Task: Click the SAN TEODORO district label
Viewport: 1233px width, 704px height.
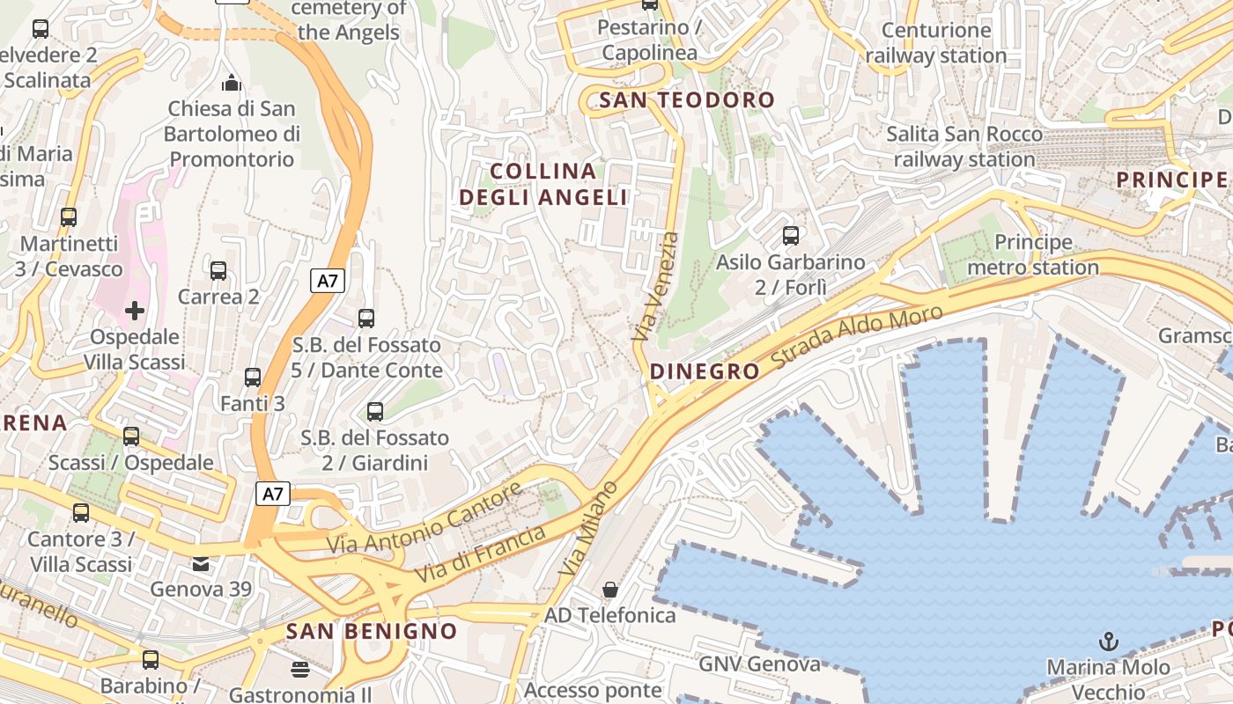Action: coord(686,100)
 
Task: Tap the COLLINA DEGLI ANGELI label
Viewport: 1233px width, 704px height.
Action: coord(543,184)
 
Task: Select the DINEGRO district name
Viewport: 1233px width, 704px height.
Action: coord(705,371)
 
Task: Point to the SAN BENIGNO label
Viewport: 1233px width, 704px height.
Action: coord(372,631)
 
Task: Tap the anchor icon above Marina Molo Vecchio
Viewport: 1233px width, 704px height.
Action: coord(1109,642)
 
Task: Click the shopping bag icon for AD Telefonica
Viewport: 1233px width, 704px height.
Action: coord(609,589)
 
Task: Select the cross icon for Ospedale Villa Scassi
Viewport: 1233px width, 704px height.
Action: coord(135,311)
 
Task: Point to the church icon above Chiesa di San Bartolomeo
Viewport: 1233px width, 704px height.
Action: coord(232,83)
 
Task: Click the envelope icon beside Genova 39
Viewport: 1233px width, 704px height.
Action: coord(201,563)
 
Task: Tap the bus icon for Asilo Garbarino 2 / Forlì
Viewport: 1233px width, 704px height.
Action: coord(791,236)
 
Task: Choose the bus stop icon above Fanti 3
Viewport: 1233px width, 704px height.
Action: coord(253,378)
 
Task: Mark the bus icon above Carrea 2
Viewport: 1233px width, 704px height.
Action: coord(218,271)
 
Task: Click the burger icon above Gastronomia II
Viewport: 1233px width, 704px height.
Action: coord(300,670)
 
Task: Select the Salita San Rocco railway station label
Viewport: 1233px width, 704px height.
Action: coord(964,147)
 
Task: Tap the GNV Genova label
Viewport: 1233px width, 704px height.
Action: coord(759,664)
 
